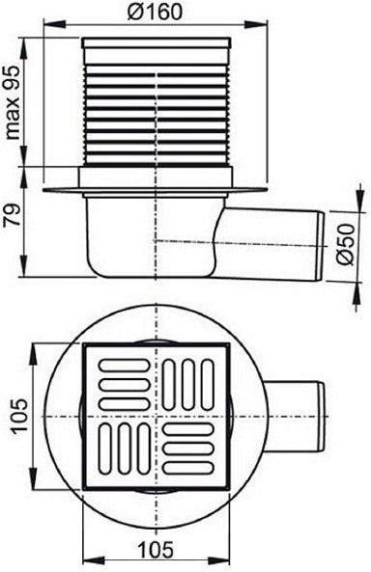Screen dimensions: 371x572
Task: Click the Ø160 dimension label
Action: [155, 12]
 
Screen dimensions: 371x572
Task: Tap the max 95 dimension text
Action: [14, 102]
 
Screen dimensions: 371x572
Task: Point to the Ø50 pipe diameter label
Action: [345, 244]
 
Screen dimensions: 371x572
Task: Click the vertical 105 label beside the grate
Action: [19, 415]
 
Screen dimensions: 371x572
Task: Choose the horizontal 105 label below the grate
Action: [156, 550]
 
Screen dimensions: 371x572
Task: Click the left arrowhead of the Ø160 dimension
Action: [55, 24]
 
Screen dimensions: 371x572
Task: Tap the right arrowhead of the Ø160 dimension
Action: [257, 24]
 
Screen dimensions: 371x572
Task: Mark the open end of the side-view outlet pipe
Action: [320, 247]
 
